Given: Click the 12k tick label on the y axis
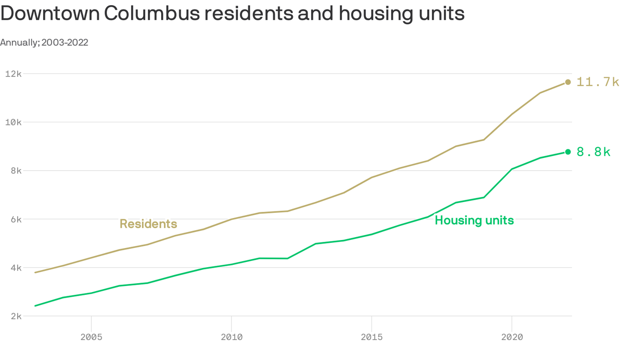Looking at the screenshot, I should pyautogui.click(x=14, y=74).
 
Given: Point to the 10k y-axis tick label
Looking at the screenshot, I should pyautogui.click(x=14, y=122).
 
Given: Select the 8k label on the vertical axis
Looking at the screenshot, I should pyautogui.click(x=16, y=171).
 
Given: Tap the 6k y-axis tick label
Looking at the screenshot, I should pyautogui.click(x=16, y=219).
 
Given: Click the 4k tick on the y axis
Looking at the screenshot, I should pyautogui.click(x=16, y=268).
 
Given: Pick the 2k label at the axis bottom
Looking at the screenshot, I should pyautogui.click(x=16, y=316).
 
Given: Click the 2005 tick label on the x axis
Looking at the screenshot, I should pyautogui.click(x=91, y=337).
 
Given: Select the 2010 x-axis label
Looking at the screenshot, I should pyautogui.click(x=231, y=337).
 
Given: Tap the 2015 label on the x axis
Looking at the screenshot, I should pyautogui.click(x=371, y=337).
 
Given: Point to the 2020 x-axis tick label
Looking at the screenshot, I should pyautogui.click(x=511, y=337).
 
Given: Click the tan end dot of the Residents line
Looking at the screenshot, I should pyautogui.click(x=568, y=82).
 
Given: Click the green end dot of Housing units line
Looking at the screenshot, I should pyautogui.click(x=568, y=152).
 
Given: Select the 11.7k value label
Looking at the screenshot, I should pyautogui.click(x=598, y=82).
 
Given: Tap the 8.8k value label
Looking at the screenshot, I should pyautogui.click(x=594, y=152).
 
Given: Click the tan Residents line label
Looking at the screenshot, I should pyautogui.click(x=148, y=224).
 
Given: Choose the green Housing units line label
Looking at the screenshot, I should pyautogui.click(x=474, y=220).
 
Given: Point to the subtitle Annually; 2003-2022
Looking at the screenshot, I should pyautogui.click(x=44, y=43).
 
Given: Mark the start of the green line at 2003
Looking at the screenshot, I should pyautogui.click(x=36, y=306).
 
